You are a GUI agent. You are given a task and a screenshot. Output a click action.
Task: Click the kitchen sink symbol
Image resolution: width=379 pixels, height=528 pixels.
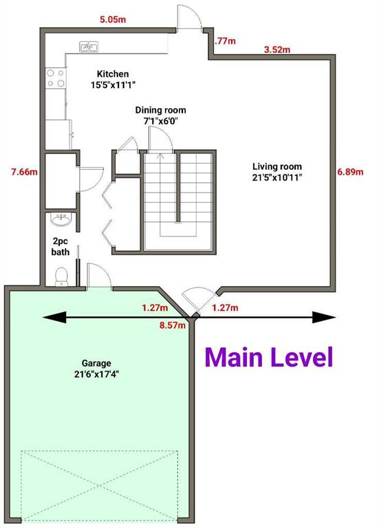coord(89,47)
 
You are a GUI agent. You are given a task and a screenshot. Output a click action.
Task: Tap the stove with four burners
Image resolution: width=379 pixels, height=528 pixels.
coord(56,78)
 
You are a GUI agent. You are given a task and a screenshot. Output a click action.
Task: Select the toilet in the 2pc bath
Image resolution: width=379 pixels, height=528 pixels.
coord(62,276)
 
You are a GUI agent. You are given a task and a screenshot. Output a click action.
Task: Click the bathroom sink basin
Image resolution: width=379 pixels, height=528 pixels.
coord(61,219)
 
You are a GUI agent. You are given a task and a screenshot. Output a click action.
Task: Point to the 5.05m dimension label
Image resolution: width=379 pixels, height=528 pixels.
coord(113,19)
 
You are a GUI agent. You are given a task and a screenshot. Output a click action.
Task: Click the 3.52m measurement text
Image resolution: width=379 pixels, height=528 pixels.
coord(277,49)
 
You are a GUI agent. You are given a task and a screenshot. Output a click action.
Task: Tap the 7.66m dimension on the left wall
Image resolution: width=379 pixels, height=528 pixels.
coord(24,172)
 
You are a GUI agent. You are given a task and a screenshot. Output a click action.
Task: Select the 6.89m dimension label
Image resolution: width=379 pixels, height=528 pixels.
coord(350,172)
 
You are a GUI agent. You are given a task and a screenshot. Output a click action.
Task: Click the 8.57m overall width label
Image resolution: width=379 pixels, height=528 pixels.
coord(173,325)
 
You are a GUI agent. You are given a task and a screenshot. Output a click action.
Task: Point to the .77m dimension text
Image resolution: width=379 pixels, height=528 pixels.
coord(225,41)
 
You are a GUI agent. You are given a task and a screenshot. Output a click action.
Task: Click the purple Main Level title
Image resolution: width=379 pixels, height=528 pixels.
coord(269,357)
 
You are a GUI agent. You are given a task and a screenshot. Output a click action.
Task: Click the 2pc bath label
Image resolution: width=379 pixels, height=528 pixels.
coord(61,247)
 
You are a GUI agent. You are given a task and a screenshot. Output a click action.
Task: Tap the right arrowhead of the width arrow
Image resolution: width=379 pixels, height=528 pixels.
coord(324,318)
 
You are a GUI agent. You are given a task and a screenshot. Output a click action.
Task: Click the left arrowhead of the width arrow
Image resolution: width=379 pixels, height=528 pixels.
coord(54,318)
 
